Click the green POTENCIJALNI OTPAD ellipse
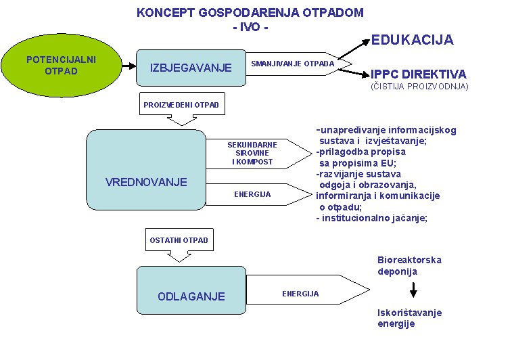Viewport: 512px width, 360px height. pos(62,66)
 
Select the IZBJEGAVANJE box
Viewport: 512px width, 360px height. pos(191,68)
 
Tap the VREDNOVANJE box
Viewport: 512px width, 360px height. pos(146,170)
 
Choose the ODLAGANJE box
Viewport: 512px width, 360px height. pos(191,290)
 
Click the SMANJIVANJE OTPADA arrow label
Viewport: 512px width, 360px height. pos(293,64)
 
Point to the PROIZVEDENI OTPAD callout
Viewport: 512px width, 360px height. pos(182,108)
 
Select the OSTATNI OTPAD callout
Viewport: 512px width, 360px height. pos(179,244)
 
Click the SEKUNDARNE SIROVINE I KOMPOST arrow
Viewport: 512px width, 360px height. pos(258,154)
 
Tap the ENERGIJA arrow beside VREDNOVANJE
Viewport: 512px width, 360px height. pos(258,194)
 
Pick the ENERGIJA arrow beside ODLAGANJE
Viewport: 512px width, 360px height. pos(308,290)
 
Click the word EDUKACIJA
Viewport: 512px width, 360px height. pos(413,40)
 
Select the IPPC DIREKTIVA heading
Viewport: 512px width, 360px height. pos(419,74)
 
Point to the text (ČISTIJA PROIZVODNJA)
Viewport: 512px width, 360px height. pos(419,86)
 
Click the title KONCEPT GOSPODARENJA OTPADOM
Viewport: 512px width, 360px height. pos(250,13)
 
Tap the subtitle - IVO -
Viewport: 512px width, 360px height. pos(250,27)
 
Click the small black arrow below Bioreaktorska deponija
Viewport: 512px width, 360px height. pos(413,290)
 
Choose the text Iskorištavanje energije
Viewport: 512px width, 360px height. pos(410,318)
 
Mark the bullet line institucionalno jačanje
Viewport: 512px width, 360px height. pos(371,218)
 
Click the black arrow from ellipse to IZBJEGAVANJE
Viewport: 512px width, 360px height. pos(129,66)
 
